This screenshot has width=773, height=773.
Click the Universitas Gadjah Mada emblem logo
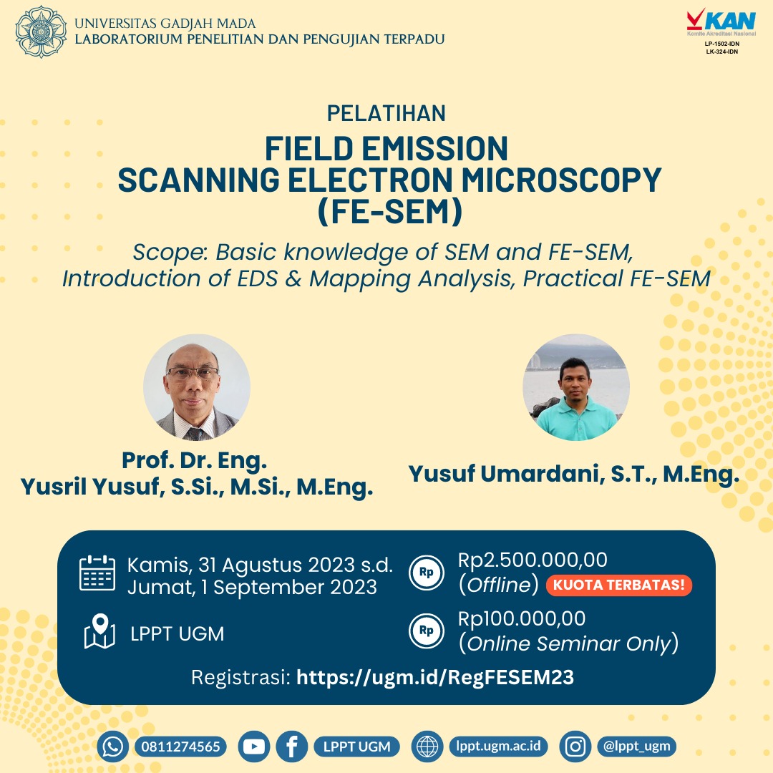point(42,32)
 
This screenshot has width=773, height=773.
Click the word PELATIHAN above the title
point(386,113)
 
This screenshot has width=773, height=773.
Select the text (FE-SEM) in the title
point(386,212)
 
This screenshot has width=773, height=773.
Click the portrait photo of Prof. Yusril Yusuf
point(197,387)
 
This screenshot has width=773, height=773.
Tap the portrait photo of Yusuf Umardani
point(576,387)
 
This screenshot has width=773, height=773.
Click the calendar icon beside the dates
point(97,573)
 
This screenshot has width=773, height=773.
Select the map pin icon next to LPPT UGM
point(99,632)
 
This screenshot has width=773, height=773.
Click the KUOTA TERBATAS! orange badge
point(618,585)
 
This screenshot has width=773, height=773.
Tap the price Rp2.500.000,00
point(533,560)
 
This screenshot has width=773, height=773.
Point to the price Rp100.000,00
point(522,618)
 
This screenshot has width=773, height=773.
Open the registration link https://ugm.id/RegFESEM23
point(435,677)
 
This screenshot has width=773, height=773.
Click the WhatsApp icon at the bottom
point(113,747)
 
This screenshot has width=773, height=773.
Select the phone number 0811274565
point(180,747)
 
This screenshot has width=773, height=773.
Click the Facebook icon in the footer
point(291,747)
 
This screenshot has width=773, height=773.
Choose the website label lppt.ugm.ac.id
point(498,747)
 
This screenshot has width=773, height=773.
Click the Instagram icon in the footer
point(575,747)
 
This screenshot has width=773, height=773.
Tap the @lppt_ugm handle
point(636,747)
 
